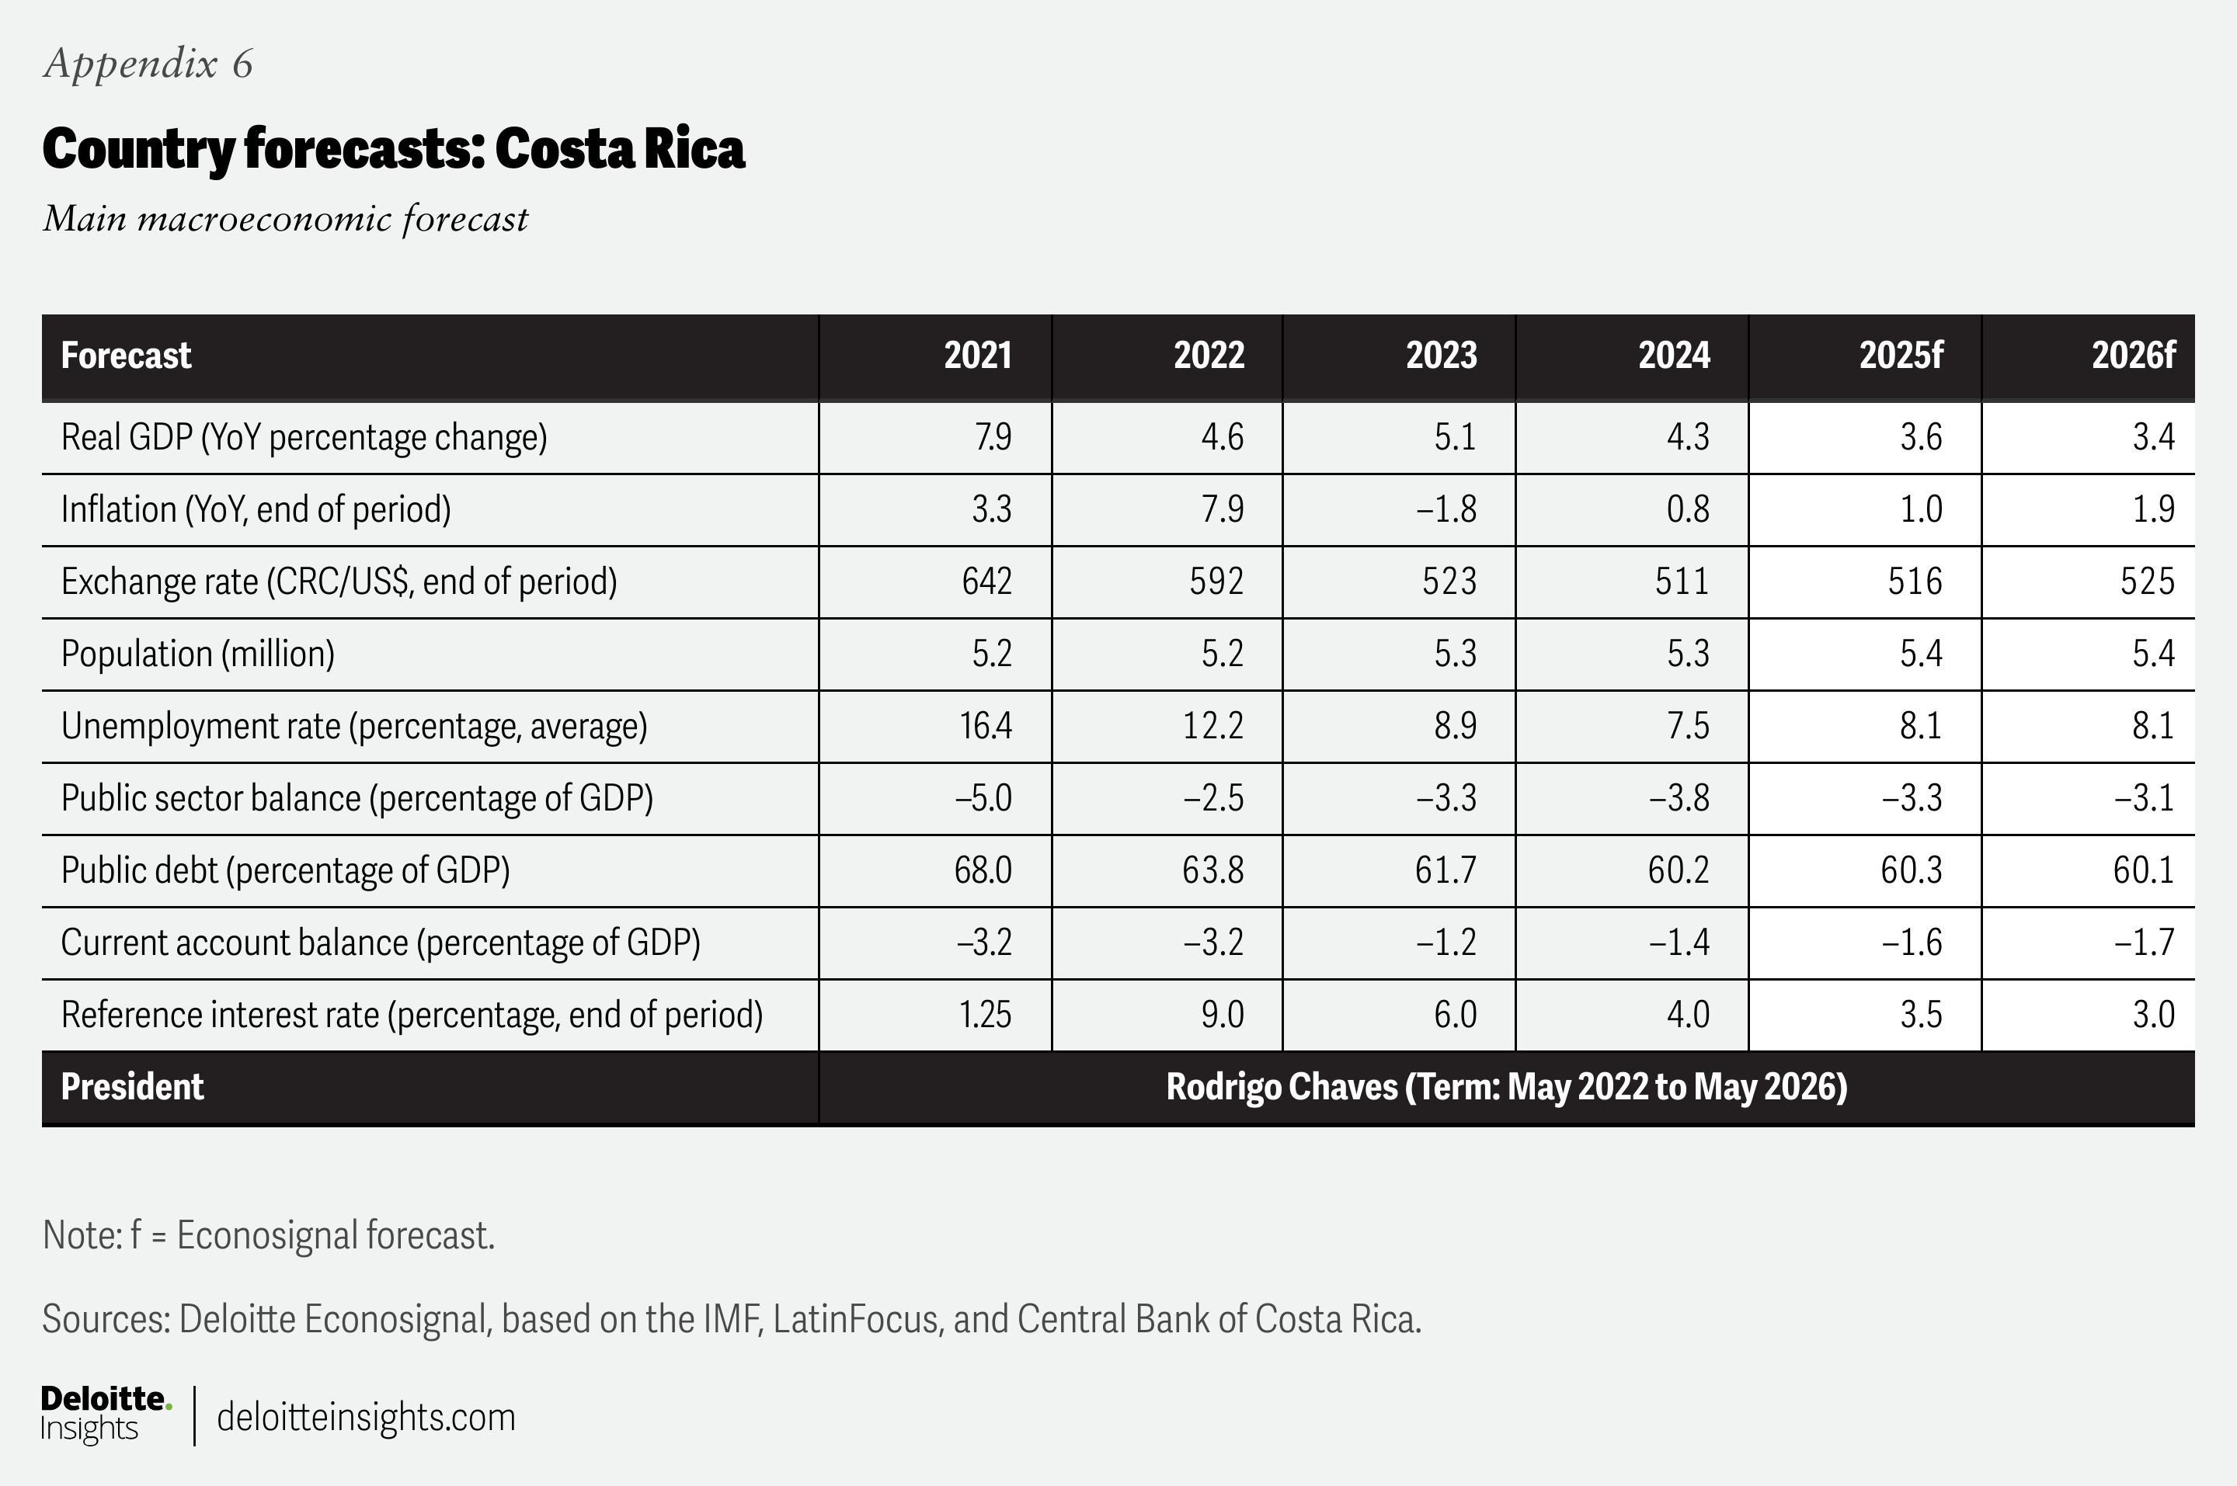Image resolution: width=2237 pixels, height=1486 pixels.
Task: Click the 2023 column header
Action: coord(1441,356)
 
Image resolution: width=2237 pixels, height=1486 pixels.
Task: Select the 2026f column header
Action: coord(2133,356)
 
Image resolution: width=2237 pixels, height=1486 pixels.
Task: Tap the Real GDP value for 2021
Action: coord(993,438)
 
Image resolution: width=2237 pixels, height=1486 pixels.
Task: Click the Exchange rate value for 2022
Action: coord(1216,582)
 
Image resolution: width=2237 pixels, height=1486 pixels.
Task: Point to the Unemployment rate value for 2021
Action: coord(985,726)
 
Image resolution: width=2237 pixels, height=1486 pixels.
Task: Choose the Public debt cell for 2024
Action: coord(1678,870)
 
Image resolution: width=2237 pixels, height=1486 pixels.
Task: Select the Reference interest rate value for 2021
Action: coord(985,1015)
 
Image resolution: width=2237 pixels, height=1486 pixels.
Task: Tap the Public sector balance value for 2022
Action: coord(1212,798)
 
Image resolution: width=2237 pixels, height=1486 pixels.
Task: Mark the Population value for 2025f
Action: coord(1920,654)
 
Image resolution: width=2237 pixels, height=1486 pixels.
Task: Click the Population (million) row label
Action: coord(197,654)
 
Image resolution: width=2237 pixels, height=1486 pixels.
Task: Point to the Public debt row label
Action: coord(285,870)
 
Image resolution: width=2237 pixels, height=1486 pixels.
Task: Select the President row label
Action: coord(132,1087)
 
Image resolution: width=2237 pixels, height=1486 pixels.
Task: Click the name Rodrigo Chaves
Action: coord(1282,1087)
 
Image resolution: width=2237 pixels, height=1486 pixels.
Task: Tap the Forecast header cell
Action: coord(126,356)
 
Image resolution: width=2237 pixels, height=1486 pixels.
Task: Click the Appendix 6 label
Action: coord(148,64)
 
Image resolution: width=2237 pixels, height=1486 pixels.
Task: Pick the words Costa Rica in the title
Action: coord(620,149)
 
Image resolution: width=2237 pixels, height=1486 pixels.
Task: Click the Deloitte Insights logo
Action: coord(105,1414)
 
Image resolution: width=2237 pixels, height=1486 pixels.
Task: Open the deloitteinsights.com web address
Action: coord(366,1418)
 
